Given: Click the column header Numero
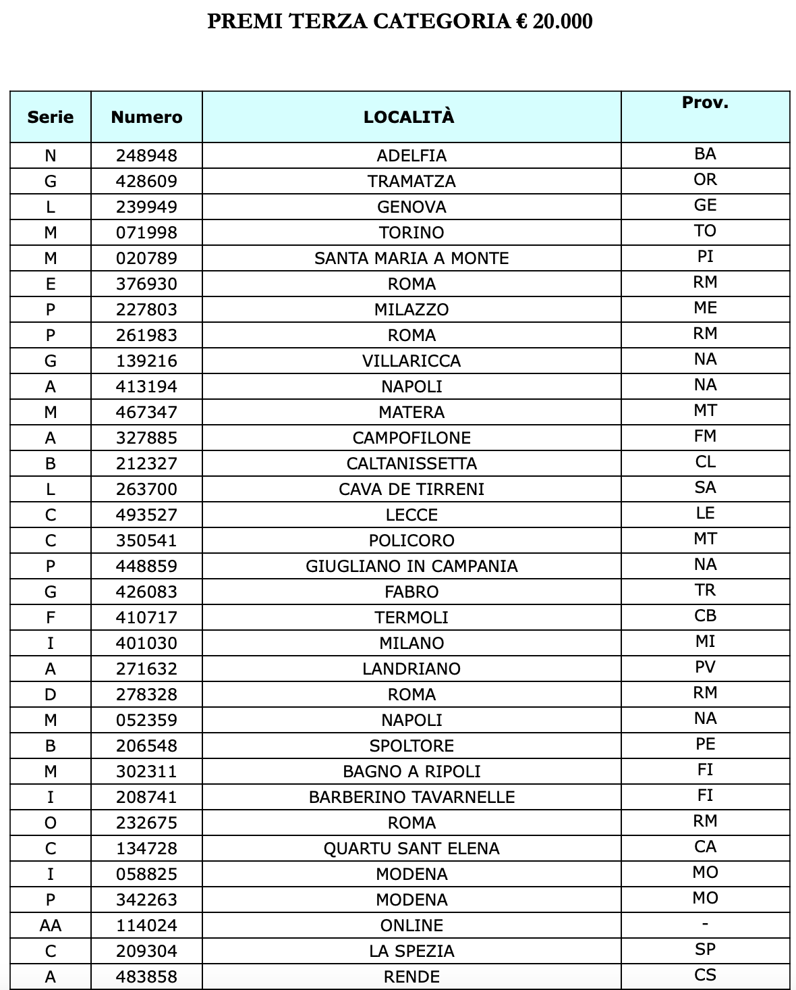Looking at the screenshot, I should [x=146, y=117].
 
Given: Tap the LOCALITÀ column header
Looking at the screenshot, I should [x=409, y=117].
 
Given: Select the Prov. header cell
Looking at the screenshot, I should [x=705, y=103].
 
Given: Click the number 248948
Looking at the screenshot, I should [x=146, y=155].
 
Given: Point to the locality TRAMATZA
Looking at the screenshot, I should [x=411, y=181].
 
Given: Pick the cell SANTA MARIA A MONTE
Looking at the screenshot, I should [x=411, y=258].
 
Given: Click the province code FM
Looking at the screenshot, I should [x=705, y=436].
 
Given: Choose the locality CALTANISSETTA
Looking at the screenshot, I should [x=411, y=463].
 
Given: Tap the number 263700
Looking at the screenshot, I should [x=146, y=489].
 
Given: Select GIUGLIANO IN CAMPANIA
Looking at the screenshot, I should [x=411, y=566].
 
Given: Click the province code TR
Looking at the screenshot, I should [x=705, y=590].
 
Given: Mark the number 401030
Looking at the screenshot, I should [x=146, y=643].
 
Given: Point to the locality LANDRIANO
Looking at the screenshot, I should [x=411, y=669].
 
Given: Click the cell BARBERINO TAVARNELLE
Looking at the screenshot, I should [x=411, y=797].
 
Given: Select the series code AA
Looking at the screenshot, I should [x=51, y=925].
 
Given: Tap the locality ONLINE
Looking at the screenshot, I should [x=411, y=925].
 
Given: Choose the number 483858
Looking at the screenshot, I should [x=146, y=976].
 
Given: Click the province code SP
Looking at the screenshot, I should [x=705, y=949].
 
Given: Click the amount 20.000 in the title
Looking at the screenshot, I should [x=562, y=22].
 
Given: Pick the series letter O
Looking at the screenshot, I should [x=51, y=823].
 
